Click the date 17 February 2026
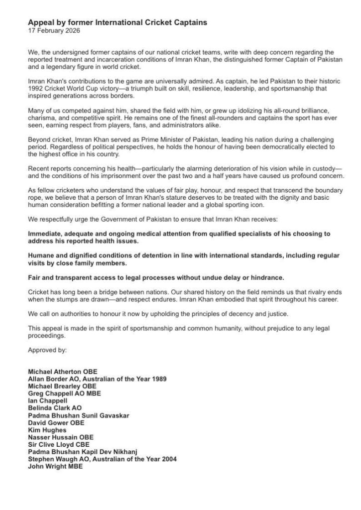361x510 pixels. [x=53, y=31]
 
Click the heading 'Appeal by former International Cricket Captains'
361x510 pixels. [x=117, y=23]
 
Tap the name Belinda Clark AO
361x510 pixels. [x=55, y=407]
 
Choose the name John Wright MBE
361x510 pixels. [x=55, y=467]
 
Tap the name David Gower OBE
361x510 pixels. [x=56, y=422]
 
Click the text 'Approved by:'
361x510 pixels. [x=47, y=350]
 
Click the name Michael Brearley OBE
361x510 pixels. [x=62, y=386]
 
